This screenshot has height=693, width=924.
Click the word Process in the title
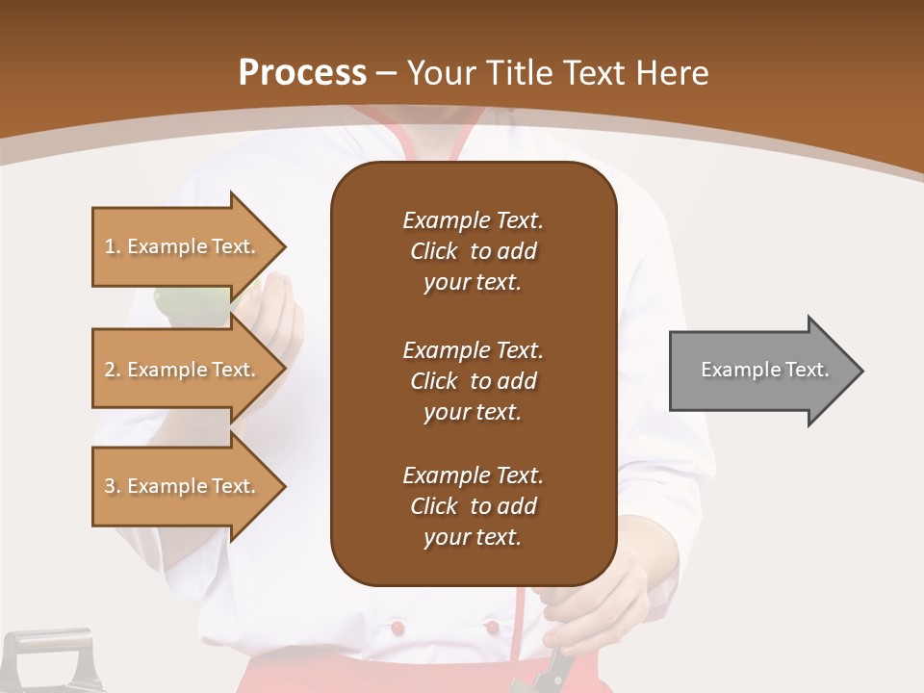click(302, 73)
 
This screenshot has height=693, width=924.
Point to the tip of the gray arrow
click(860, 371)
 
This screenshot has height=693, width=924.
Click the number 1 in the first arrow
click(110, 246)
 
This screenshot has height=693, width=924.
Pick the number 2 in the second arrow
click(110, 370)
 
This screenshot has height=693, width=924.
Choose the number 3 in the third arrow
click(110, 486)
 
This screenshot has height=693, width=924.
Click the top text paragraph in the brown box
click(473, 251)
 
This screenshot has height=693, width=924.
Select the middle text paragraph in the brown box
click(473, 381)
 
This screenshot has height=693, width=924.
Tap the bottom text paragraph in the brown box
click(473, 506)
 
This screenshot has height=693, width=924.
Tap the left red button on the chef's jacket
click(394, 629)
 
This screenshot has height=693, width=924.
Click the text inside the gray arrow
click(765, 370)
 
